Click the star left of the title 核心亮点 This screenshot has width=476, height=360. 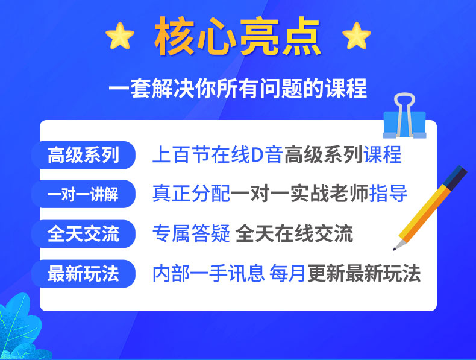120,36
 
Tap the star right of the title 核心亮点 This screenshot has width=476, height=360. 357,36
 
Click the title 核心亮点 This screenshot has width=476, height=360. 237,36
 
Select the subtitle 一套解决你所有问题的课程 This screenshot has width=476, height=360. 237,89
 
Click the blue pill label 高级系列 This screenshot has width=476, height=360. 83,155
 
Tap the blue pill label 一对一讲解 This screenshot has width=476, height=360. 83,194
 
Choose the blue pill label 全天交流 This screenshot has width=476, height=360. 83,233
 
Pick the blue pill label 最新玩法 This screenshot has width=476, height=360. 83,273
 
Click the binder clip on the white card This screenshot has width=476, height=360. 405,117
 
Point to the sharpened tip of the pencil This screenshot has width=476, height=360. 394,250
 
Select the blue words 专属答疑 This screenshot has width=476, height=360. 191,233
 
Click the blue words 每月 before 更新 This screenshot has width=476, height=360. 287,273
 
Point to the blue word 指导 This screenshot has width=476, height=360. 388,194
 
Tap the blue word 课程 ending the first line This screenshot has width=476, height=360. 383,154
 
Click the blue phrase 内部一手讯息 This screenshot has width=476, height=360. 208,273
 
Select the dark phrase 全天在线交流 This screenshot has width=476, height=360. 294,233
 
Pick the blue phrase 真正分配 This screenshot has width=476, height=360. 191,194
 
